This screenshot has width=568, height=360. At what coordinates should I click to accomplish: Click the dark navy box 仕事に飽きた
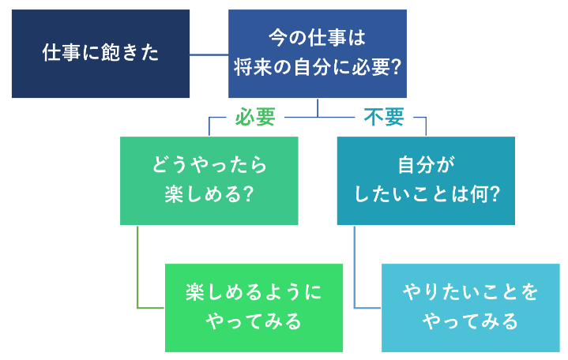[100, 54]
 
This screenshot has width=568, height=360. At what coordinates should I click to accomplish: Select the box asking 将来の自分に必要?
[318, 54]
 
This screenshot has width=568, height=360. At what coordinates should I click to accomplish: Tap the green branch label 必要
[255, 117]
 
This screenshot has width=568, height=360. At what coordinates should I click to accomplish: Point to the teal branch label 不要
[384, 117]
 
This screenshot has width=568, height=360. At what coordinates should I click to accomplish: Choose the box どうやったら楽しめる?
[209, 181]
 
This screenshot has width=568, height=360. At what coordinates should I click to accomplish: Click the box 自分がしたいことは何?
[426, 181]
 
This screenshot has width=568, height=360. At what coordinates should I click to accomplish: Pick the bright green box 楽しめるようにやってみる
[254, 308]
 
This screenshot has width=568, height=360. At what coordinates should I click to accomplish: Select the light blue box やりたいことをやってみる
[471, 308]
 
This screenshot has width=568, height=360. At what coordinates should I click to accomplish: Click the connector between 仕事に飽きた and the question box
[209, 55]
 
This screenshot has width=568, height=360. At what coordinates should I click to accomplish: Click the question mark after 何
[495, 194]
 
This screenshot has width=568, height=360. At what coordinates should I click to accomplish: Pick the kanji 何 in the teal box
[480, 194]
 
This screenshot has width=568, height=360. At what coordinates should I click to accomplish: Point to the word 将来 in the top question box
[253, 67]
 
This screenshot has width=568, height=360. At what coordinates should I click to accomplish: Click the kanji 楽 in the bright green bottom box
[195, 292]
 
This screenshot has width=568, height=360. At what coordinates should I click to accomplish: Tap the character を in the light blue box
[529, 292]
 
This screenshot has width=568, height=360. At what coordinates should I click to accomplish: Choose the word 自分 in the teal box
[416, 165]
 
